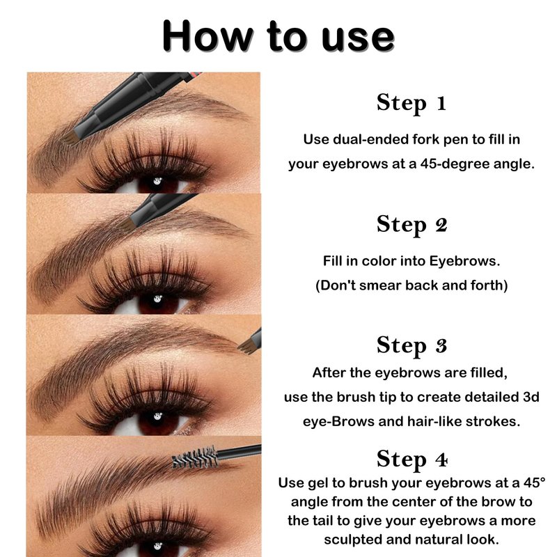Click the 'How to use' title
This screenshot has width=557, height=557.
click(x=278, y=37)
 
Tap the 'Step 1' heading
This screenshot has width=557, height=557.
click(x=411, y=103)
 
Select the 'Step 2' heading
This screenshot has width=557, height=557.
click(x=411, y=224)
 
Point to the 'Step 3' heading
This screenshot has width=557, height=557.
click(x=411, y=345)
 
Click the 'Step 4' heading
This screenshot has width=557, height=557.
click(x=411, y=459)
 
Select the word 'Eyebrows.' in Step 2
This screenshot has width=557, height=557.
click(x=464, y=262)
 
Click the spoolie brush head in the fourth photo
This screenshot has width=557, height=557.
click(x=195, y=457)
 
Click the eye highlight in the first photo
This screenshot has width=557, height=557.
click(x=157, y=181)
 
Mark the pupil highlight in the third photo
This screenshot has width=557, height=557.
click(x=158, y=416)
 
